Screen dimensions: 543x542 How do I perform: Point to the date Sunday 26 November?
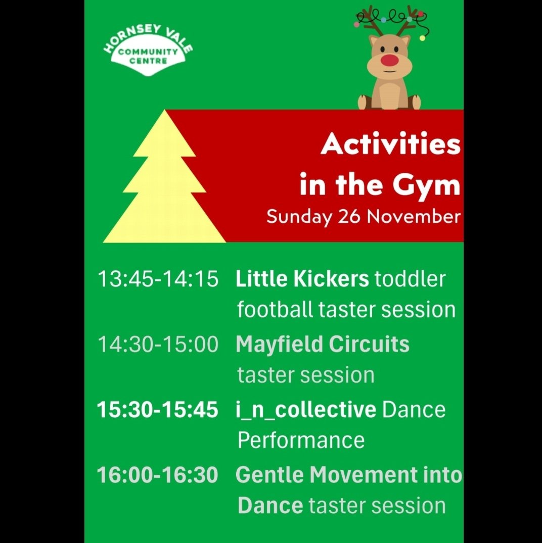coord(364,217)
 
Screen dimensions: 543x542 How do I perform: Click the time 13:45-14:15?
coord(158,279)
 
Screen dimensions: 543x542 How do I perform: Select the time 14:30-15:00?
coord(158,345)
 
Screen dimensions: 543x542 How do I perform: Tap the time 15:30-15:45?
coord(158,410)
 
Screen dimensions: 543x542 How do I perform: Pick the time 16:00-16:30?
coord(158,475)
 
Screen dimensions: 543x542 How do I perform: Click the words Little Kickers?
coord(302,279)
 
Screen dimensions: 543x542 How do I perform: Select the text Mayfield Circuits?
coord(323,345)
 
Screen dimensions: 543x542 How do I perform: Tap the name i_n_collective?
coord(306,410)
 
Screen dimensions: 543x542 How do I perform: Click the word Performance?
coord(301,440)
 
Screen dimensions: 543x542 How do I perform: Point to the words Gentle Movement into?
coord(349,475)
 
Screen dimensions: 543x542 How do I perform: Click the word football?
coord(275,309)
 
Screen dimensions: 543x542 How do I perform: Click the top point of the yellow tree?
coord(164,112)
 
